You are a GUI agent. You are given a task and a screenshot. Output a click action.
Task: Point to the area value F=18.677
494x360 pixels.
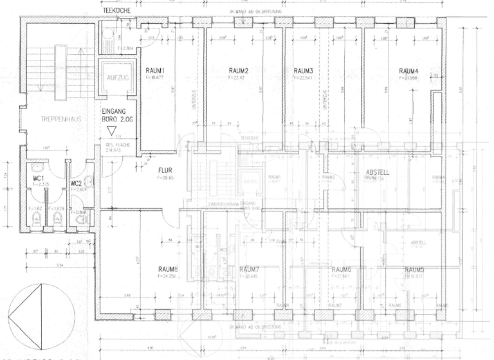point(156,76)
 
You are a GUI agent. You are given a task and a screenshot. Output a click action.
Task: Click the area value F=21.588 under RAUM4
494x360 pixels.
point(408,77)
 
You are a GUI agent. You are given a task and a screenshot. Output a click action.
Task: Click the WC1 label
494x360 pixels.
point(39,177)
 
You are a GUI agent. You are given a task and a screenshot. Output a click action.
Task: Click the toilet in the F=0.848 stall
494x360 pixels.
point(81,220)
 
